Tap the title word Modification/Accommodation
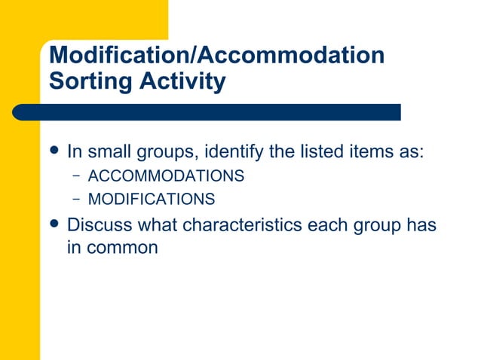click(216, 55)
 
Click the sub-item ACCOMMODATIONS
click(166, 176)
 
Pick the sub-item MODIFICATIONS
click(152, 200)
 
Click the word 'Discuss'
click(96, 225)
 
